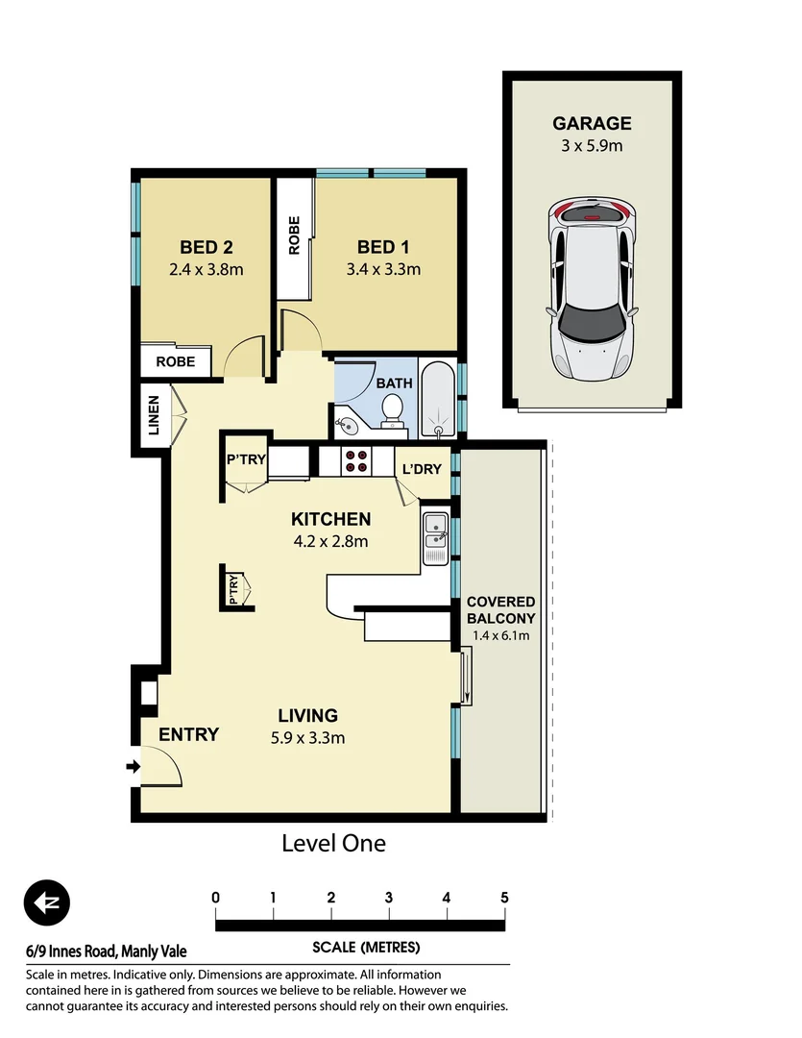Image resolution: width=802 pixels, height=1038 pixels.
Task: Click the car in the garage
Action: tap(591, 288)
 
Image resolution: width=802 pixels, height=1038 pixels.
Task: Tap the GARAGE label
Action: tap(591, 123)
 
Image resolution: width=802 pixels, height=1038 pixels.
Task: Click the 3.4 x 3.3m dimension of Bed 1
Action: tap(383, 269)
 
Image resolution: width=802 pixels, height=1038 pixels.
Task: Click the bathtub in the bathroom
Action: tap(439, 399)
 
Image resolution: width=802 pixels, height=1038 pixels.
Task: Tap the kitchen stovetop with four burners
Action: tap(356, 462)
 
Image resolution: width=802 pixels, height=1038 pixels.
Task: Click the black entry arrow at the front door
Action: tap(134, 766)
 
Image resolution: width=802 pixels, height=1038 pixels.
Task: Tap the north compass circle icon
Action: tap(47, 902)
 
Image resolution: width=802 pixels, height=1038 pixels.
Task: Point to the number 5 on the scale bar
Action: tap(504, 898)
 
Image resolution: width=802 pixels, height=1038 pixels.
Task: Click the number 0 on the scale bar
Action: tap(216, 898)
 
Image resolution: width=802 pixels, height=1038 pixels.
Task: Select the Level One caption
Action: tap(333, 844)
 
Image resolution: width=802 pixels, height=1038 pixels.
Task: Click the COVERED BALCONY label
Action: tap(500, 610)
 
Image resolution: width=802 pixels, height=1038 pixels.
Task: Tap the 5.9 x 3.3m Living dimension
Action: tap(307, 738)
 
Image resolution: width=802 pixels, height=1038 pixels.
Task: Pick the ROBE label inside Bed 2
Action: tap(175, 362)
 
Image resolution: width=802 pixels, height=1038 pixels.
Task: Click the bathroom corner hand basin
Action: tap(346, 423)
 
